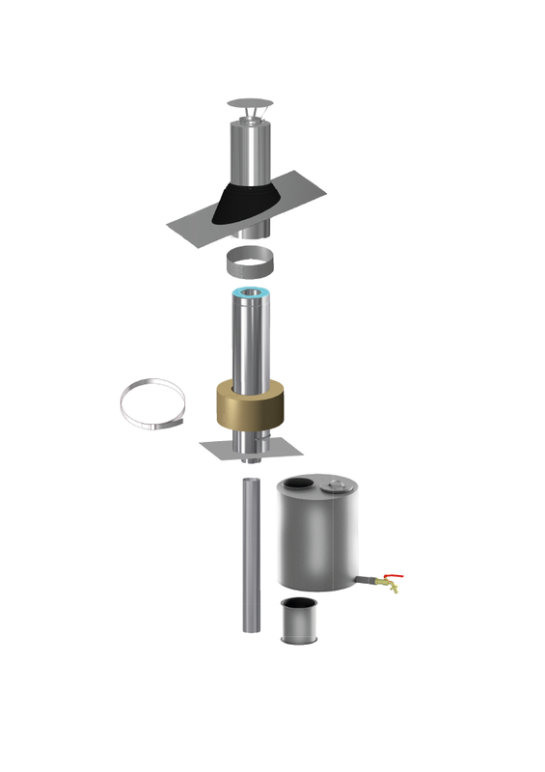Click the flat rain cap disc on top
point(251,102)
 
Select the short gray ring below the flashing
point(251,261)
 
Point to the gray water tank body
point(317,540)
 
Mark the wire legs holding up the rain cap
point(251,117)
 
